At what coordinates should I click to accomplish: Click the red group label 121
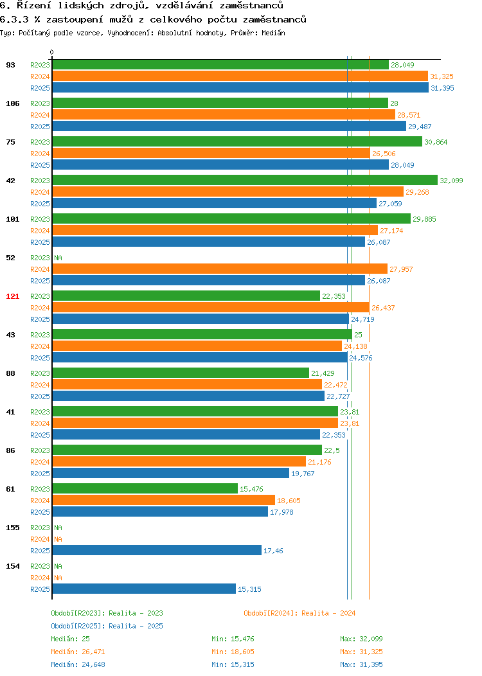[x=12, y=296]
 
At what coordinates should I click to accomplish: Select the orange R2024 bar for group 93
[x=240, y=76]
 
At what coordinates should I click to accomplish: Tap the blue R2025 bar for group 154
[x=144, y=589]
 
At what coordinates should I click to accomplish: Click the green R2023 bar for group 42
[x=245, y=180]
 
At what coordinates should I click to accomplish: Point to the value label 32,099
[x=451, y=181]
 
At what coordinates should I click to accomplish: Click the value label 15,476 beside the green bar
[x=251, y=489]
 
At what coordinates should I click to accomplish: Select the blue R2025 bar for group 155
[x=157, y=550]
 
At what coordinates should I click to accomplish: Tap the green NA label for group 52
[x=58, y=258]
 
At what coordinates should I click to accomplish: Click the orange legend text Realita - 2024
[x=328, y=613]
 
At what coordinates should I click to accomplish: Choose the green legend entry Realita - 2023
[x=136, y=613]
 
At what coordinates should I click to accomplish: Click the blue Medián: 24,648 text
[x=78, y=664]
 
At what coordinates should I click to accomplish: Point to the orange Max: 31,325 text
[x=361, y=652]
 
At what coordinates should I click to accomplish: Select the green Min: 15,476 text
[x=233, y=639]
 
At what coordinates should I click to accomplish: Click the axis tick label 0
[x=52, y=52]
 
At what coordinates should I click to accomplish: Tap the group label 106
[x=12, y=103]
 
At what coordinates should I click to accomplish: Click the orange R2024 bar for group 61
[x=164, y=500]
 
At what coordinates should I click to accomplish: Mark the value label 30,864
[x=436, y=142]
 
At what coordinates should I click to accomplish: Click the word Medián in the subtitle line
[x=273, y=33]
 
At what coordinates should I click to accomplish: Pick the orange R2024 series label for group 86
[x=40, y=462]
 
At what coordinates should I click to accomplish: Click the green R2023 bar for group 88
[x=181, y=373]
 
